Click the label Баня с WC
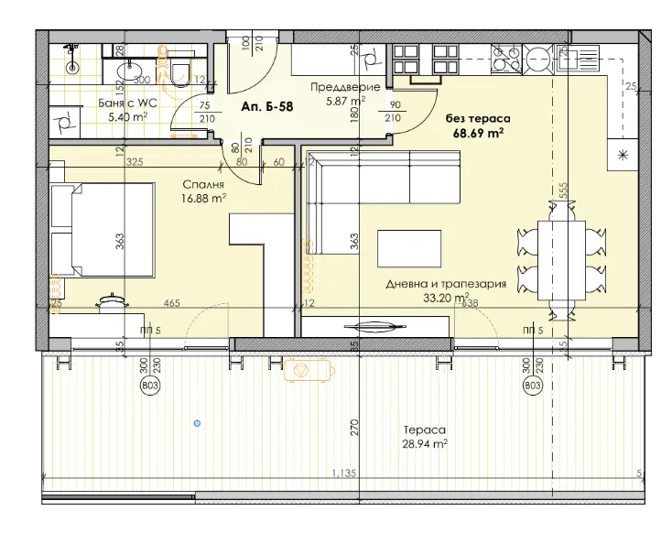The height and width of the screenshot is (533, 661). click(127, 103)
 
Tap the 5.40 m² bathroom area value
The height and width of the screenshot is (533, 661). click(127, 116)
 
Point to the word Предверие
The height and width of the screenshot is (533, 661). click(339, 87)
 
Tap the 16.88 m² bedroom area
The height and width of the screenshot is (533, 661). click(203, 197)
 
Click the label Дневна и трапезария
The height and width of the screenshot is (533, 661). click(446, 284)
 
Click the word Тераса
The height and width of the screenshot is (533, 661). click(424, 429)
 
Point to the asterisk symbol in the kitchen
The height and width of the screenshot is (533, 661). click(623, 154)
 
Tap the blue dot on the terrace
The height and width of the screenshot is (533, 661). click(197, 423)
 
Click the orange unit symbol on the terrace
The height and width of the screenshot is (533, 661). click(298, 370)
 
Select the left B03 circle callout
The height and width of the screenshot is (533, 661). click(147, 387)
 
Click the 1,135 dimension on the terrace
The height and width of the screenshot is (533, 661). click(344, 474)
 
